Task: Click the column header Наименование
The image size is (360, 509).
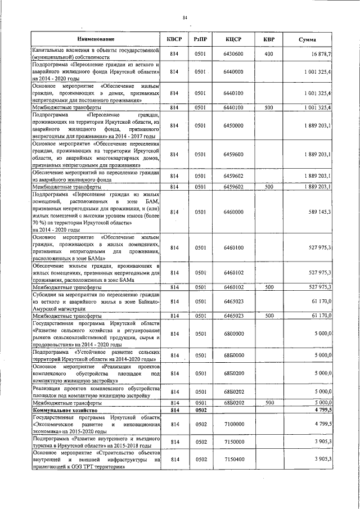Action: (96, 39)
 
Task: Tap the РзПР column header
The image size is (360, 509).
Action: (200, 39)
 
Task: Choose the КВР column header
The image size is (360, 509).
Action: (269, 39)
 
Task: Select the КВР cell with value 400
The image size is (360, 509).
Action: (269, 53)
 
